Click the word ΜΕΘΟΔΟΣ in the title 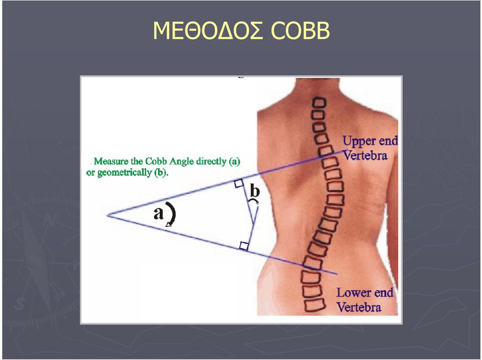point(208,31)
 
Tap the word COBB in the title point(300,31)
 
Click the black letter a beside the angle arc point(158,213)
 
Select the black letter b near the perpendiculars point(255,190)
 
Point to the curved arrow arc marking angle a point(173,213)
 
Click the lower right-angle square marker point(244,246)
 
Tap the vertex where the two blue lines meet point(107,215)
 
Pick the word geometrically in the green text point(125,173)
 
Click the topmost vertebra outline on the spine point(319,103)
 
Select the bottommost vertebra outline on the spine point(315,305)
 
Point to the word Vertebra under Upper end point(365,156)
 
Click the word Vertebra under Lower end point(358,307)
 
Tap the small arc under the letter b point(254,200)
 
